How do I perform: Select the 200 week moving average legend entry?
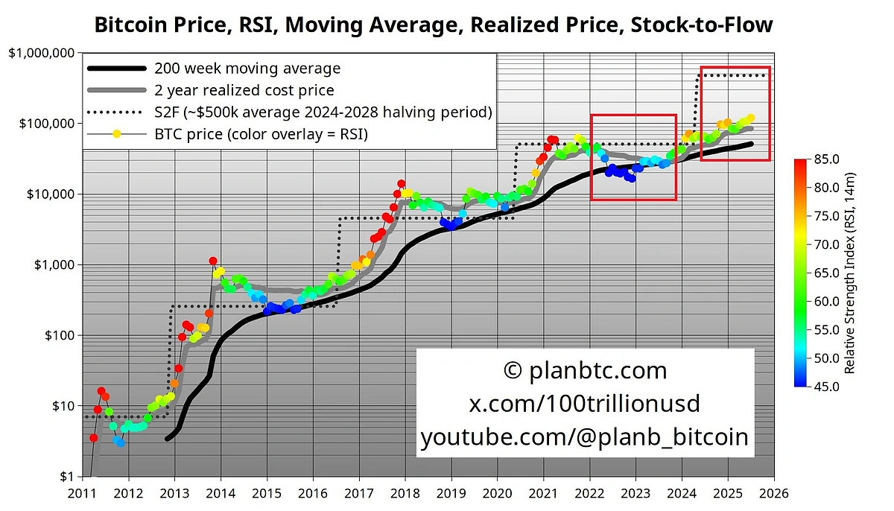(x=247, y=69)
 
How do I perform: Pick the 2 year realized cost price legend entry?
(x=244, y=90)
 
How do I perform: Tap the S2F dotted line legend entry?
(x=323, y=112)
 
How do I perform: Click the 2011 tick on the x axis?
(x=82, y=492)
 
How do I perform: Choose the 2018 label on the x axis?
(x=405, y=492)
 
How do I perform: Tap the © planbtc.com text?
(x=585, y=370)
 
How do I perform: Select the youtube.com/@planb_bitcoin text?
(x=585, y=437)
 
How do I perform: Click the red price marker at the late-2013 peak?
(x=213, y=261)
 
